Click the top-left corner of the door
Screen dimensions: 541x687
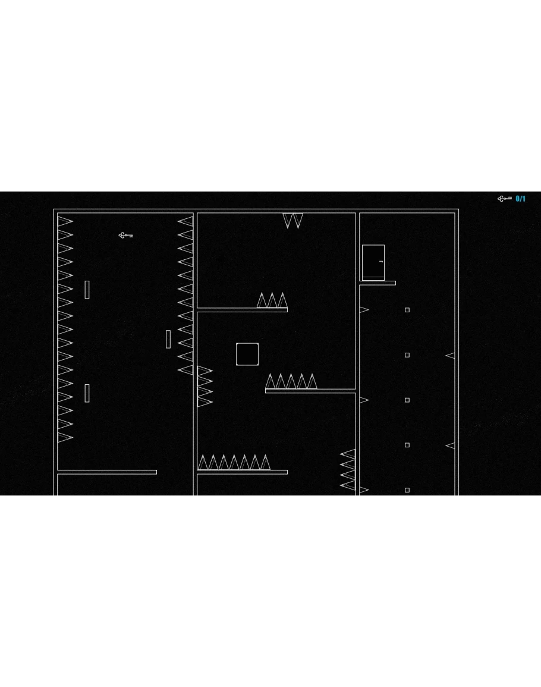click(x=362, y=245)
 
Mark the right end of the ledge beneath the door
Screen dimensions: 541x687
click(x=395, y=283)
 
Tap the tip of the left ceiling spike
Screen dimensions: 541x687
click(x=288, y=228)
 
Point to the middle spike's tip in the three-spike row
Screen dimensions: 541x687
click(x=272, y=293)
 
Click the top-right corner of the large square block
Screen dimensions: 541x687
click(x=259, y=344)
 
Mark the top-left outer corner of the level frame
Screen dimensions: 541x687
click(x=54, y=209)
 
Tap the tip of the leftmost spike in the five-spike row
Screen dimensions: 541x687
click(x=270, y=374)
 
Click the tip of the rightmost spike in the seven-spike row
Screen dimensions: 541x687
click(x=265, y=455)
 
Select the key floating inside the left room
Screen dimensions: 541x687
click(x=125, y=236)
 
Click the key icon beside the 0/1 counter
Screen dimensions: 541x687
click(x=505, y=199)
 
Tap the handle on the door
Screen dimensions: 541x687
click(x=381, y=262)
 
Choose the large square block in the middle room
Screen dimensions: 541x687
click(x=247, y=355)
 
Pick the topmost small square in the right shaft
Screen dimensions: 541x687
click(x=407, y=310)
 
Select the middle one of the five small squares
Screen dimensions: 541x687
click(x=407, y=400)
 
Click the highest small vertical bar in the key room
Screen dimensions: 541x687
click(x=87, y=290)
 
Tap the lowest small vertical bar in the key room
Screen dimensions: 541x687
click(x=87, y=393)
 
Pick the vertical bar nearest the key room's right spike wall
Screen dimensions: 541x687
click(x=168, y=339)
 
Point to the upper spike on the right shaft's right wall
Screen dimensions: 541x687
click(x=450, y=356)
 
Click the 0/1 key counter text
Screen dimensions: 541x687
click(x=520, y=199)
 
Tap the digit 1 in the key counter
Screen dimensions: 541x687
click(x=524, y=199)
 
